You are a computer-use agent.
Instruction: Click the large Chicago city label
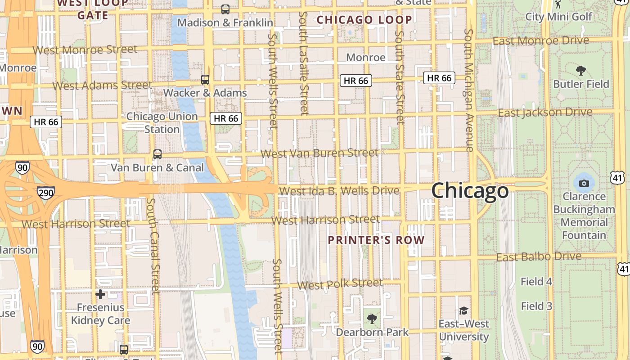pos(470,191)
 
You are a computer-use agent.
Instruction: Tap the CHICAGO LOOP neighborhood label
pos(364,20)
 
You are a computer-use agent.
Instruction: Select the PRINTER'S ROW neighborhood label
pos(376,240)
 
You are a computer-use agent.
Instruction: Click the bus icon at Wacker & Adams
pos(205,80)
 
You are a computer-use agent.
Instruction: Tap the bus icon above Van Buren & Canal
pos(157,154)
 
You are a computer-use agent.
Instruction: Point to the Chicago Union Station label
pos(162,123)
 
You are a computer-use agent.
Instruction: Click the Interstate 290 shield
pos(46,193)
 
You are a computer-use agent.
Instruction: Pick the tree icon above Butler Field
pos(581,71)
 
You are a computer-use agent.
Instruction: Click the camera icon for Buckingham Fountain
pos(584,183)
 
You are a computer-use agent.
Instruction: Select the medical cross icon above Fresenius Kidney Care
pos(100,294)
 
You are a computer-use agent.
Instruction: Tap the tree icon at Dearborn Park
pos(372,319)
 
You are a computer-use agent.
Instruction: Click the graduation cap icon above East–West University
pos(463,310)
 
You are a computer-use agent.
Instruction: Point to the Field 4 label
pos(536,282)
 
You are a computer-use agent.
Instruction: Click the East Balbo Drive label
pos(539,257)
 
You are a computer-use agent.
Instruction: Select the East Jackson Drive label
pos(545,112)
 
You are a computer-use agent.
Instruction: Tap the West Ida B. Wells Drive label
pos(339,191)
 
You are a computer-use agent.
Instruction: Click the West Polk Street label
pos(340,284)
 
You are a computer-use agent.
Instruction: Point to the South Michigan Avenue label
pos(469,90)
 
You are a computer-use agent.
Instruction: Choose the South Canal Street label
pos(153,247)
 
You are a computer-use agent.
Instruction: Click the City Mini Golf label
pos(559,17)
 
